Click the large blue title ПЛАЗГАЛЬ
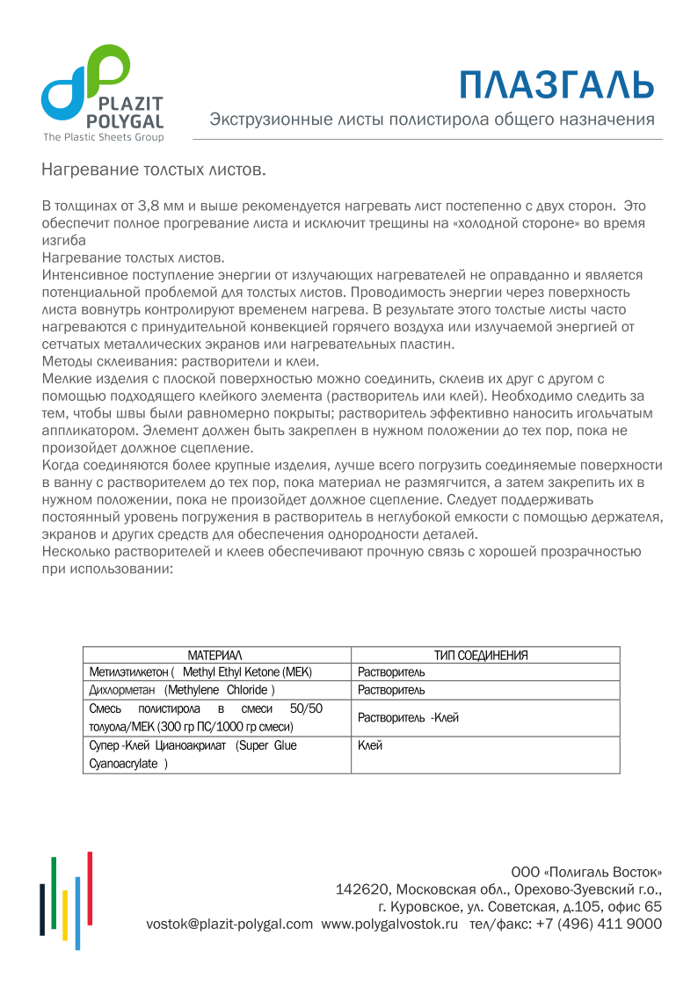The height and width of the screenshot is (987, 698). [557, 84]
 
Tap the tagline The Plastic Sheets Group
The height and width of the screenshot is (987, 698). [104, 137]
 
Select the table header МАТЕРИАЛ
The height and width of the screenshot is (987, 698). [215, 656]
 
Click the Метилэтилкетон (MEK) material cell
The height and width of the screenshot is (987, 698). [201, 672]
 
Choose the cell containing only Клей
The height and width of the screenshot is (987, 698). [370, 745]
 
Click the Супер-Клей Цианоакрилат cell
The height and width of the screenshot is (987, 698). [193, 745]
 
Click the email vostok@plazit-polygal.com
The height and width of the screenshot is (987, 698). [229, 924]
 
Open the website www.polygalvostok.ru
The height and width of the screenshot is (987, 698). [389, 924]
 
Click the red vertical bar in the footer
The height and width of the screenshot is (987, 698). [90, 888]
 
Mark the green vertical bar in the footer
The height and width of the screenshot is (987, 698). [54, 893]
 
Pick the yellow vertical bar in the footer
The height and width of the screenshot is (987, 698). [65, 915]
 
